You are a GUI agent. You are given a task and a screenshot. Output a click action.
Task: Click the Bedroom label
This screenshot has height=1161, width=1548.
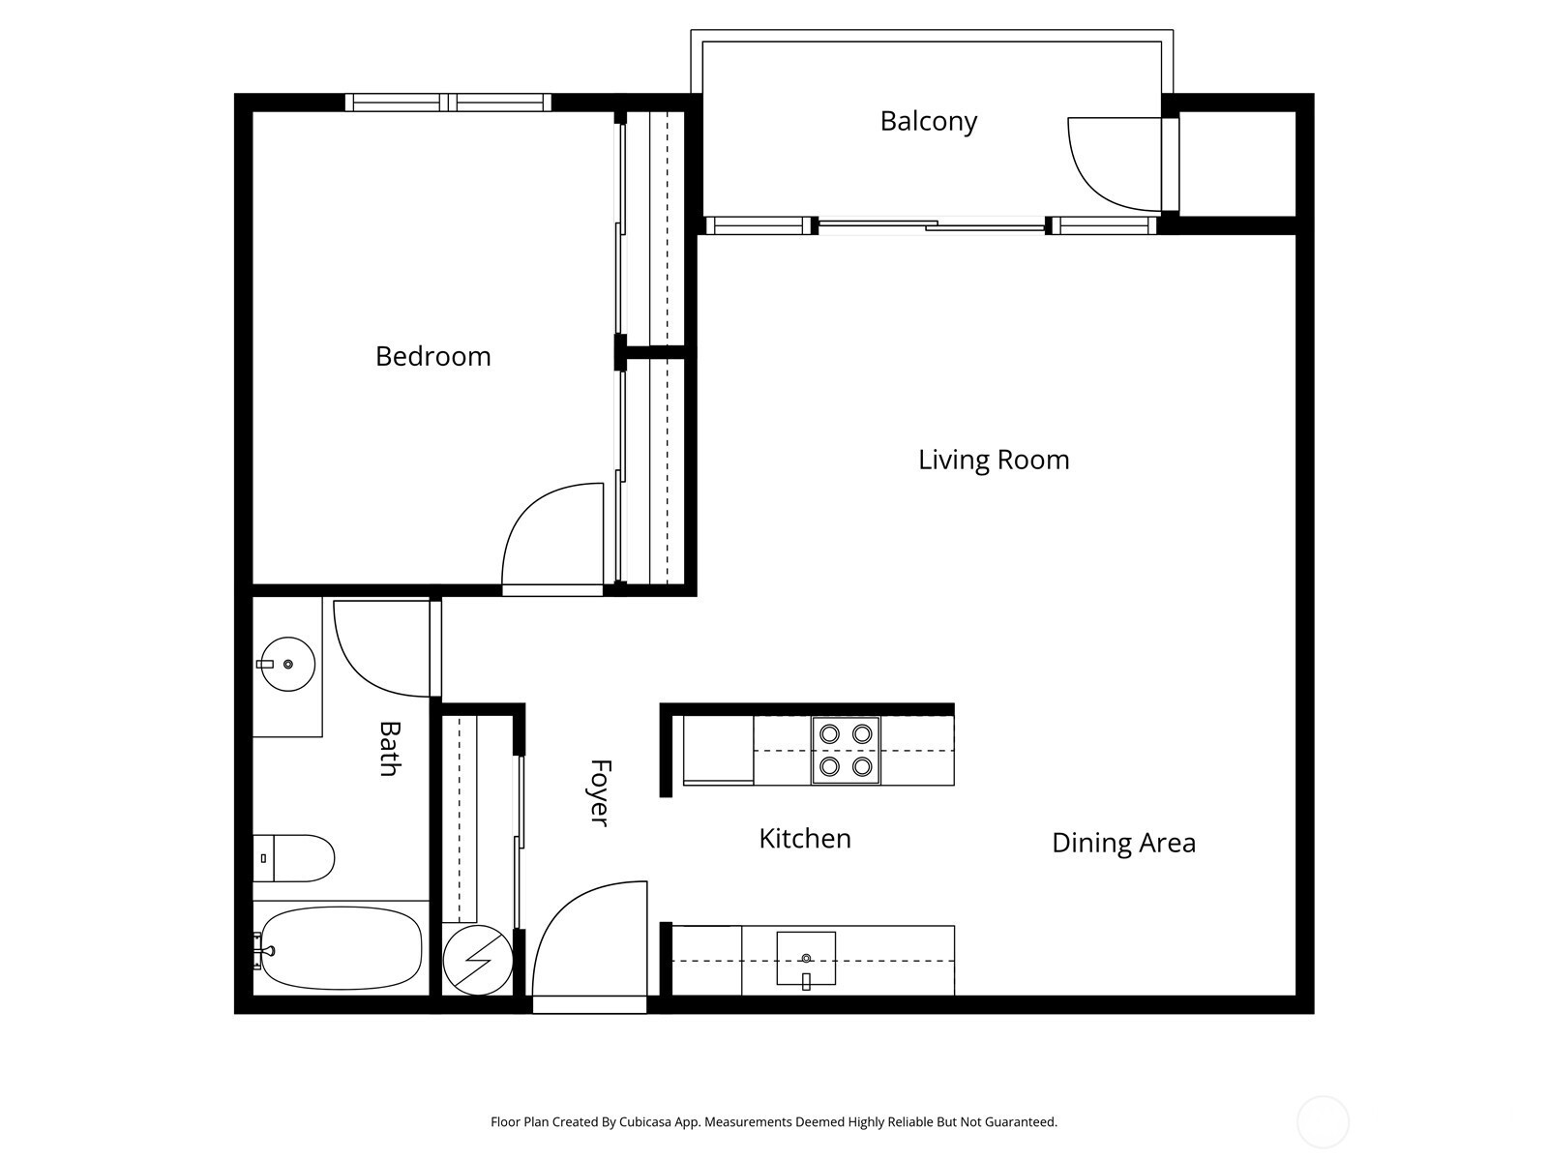click(433, 357)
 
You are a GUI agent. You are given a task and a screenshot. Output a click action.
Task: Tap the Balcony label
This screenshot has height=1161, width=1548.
click(928, 121)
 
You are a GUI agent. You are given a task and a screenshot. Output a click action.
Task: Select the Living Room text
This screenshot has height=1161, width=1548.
click(994, 461)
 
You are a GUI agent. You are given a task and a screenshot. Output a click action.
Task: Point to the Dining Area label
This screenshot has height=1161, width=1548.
click(1123, 843)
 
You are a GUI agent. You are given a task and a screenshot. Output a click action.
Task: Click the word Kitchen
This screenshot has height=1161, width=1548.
click(805, 839)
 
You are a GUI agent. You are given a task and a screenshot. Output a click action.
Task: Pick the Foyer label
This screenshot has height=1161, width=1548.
click(600, 793)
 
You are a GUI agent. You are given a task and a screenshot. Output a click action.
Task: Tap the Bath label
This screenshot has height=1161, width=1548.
click(390, 749)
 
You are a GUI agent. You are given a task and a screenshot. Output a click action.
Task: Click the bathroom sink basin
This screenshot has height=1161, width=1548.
click(287, 664)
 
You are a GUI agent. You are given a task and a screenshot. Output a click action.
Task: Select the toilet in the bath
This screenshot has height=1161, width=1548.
click(293, 858)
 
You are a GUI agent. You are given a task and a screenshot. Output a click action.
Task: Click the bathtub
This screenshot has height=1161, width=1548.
click(340, 948)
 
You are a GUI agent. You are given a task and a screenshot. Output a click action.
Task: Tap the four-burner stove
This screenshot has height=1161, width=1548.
click(846, 751)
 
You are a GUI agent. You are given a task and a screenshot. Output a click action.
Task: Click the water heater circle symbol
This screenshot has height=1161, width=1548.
click(477, 960)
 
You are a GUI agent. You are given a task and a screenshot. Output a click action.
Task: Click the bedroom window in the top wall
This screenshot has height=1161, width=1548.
click(449, 103)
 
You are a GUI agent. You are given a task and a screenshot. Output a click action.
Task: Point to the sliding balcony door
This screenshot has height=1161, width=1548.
click(931, 225)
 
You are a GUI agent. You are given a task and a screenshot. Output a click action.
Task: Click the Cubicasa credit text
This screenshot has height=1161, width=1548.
click(774, 1121)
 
